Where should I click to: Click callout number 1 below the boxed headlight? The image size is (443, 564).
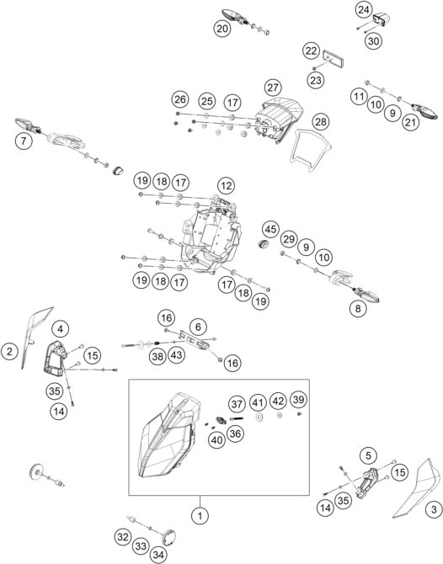(x=200, y=516)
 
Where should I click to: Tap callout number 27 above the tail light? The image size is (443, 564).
(x=273, y=88)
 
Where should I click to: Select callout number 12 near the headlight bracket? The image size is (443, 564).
(x=226, y=186)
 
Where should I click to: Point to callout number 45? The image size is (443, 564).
(x=270, y=229)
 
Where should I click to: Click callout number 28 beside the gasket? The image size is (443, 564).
(x=320, y=122)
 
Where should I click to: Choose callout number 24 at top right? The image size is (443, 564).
(x=364, y=10)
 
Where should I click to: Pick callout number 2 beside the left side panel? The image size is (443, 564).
(x=10, y=351)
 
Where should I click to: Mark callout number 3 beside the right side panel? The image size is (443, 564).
(x=434, y=509)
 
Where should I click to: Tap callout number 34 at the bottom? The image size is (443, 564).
(x=158, y=555)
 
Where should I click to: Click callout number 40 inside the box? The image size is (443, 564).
(x=216, y=440)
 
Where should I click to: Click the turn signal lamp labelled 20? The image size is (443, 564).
(x=234, y=16)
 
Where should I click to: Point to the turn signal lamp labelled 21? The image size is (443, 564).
(x=425, y=111)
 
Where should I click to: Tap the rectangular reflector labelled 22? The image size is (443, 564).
(x=334, y=59)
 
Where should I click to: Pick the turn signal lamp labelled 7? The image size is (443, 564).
(x=28, y=125)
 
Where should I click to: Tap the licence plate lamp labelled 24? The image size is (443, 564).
(x=381, y=19)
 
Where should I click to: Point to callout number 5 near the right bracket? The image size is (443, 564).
(x=368, y=455)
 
